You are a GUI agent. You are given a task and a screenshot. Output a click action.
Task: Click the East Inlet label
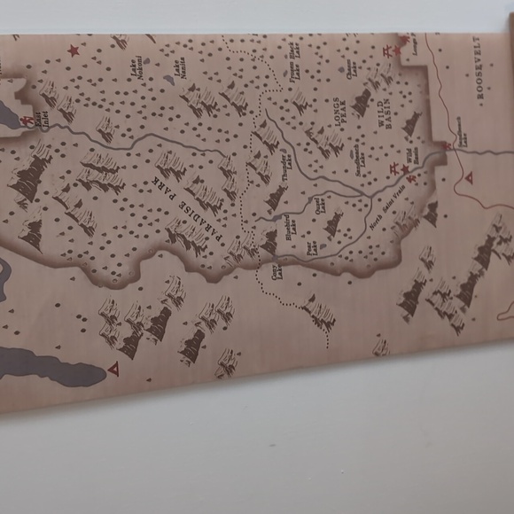(x=44, y=122)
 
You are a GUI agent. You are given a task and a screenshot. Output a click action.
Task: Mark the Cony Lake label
(x=276, y=269)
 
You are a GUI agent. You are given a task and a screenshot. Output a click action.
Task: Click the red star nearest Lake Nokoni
(x=74, y=51)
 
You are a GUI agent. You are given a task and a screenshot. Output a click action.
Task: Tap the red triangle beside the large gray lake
(x=113, y=367)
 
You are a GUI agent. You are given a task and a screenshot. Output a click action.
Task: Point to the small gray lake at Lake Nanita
(x=168, y=79)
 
